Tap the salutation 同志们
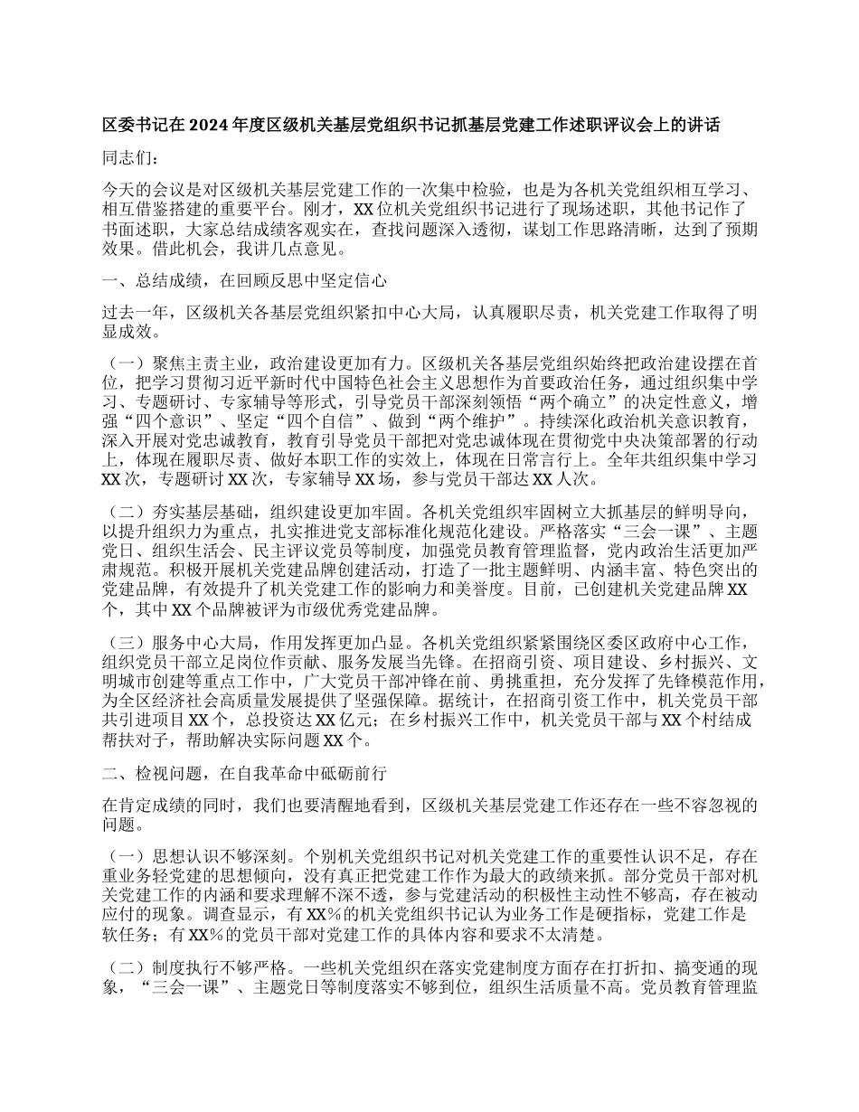[129, 159]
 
